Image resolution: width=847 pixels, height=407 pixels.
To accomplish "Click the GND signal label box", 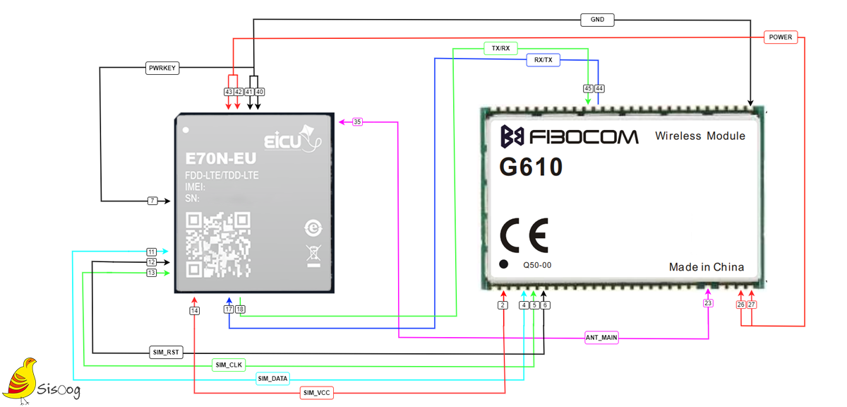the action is click(x=597, y=20).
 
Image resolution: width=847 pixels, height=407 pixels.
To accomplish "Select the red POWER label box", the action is click(x=781, y=37).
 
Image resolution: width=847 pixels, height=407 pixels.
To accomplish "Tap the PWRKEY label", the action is click(x=162, y=68).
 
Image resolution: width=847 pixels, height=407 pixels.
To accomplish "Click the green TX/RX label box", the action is click(x=500, y=49).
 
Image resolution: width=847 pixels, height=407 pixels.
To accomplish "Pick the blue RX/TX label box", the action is click(x=543, y=60).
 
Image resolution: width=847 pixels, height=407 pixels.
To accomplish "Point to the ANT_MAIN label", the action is click(x=601, y=337).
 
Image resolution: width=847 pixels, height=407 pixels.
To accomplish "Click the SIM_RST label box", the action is click(x=166, y=352).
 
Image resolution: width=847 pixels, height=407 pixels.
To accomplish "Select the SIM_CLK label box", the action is click(x=229, y=365).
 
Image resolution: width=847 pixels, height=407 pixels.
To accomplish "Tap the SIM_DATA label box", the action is click(x=272, y=379).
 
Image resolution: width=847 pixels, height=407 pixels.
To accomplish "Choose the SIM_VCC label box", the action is click(x=316, y=393).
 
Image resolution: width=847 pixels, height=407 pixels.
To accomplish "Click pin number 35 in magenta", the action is click(x=357, y=122).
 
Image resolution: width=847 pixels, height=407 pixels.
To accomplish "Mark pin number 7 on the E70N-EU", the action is click(x=152, y=201).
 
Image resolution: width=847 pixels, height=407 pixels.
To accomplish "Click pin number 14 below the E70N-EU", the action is click(x=194, y=311).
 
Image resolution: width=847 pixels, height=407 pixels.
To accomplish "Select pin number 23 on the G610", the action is click(x=708, y=303).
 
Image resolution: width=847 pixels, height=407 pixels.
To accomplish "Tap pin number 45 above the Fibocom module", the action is click(x=588, y=88).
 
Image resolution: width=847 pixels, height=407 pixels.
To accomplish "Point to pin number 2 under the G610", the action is click(x=503, y=305).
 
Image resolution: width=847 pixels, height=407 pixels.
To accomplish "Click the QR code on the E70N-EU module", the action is click(x=218, y=244).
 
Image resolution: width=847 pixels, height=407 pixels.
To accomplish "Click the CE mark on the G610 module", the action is click(x=524, y=235).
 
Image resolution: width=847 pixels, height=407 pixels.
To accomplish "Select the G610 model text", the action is click(x=531, y=167).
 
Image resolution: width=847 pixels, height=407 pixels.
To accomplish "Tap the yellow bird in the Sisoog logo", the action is click(x=20, y=379).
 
